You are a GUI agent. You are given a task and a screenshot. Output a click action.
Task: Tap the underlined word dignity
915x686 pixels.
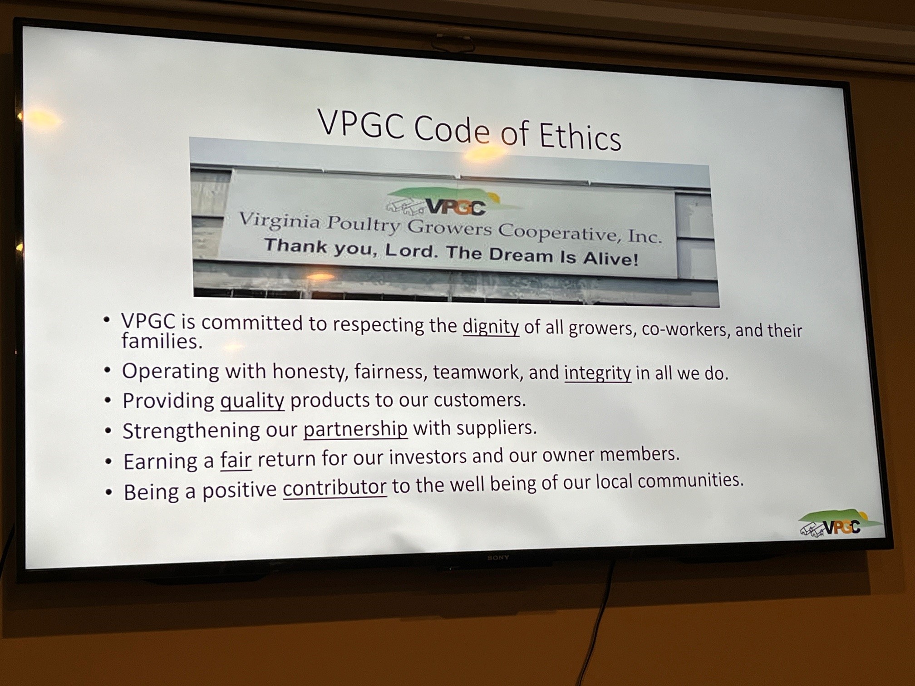491,327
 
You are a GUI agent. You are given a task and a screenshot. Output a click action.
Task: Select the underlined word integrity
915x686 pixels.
598,373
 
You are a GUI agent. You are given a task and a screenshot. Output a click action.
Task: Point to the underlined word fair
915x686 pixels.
236,460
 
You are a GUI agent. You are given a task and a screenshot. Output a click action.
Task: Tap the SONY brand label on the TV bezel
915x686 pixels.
498,558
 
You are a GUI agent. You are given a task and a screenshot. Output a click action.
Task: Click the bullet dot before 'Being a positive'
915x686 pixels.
108,492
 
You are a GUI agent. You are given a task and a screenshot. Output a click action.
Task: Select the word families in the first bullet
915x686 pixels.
162,342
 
